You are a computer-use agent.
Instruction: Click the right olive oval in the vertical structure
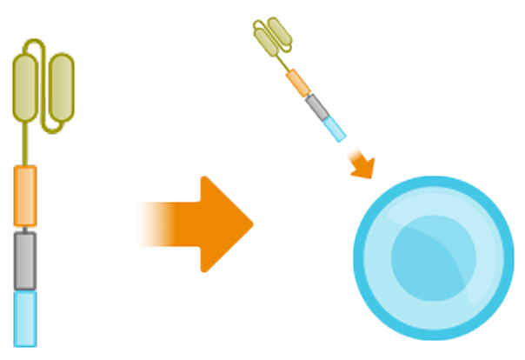pos(60,85)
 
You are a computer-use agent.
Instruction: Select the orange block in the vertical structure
pos(25,197)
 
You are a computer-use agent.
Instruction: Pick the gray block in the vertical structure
pos(25,258)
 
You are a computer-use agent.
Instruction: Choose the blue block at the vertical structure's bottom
pos(25,317)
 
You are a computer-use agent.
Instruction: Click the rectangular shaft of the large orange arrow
pos(169,223)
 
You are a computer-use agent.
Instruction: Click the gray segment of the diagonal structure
pos(318,107)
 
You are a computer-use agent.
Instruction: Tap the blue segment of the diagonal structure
pos(335,129)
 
